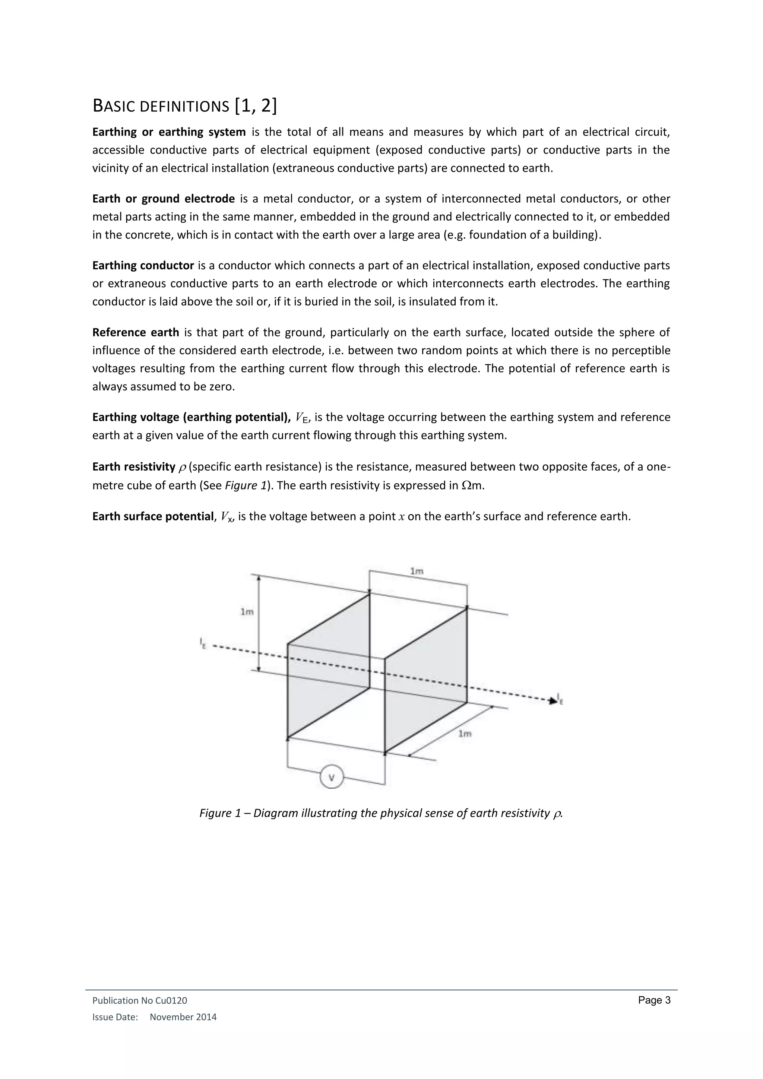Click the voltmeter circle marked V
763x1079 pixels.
332,777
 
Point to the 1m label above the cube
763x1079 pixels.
417,571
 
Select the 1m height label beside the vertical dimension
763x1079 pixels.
247,611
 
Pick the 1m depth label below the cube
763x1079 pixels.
465,734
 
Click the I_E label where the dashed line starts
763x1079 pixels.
203,643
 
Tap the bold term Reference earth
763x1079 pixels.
135,332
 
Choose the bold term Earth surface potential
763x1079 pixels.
153,516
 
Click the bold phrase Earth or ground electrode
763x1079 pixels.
163,199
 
